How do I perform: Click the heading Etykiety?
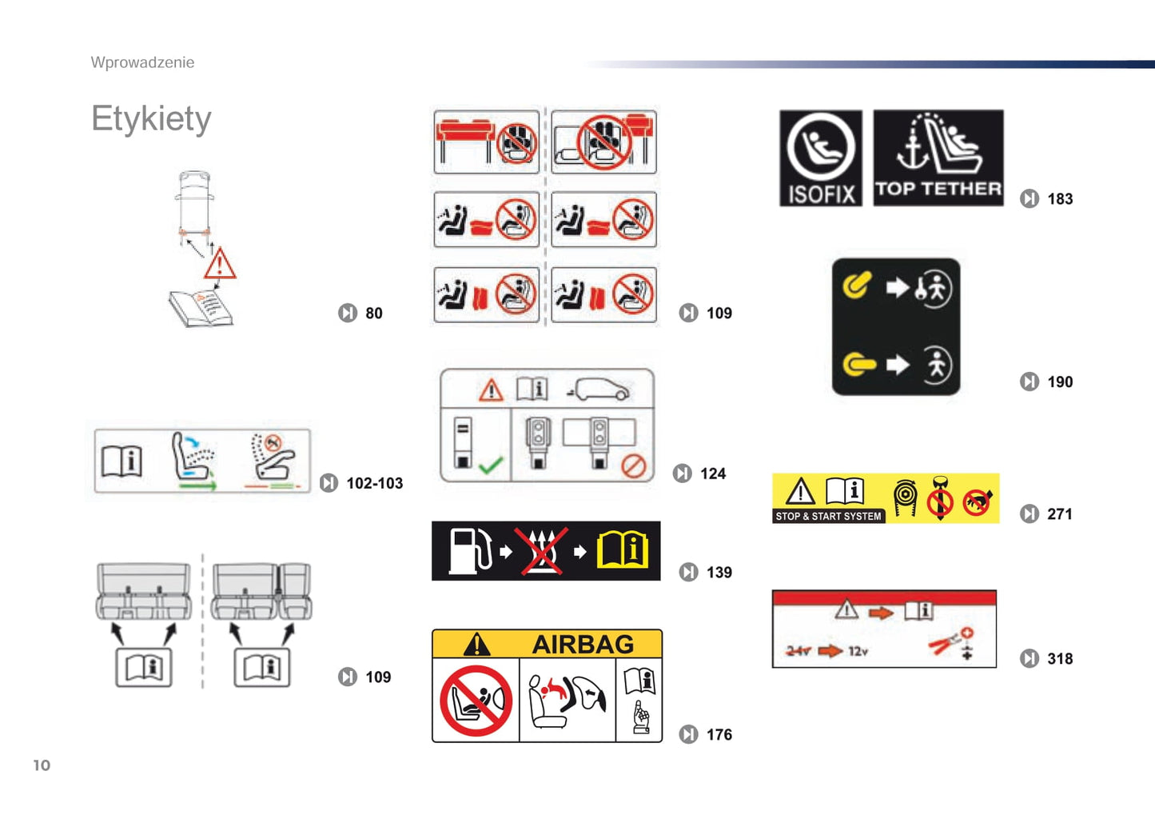[151, 119]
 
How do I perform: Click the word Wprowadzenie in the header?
[142, 62]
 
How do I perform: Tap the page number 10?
[42, 765]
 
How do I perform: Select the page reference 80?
[373, 314]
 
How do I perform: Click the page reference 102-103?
[374, 483]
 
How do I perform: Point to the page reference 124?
[712, 473]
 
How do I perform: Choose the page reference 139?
[719, 573]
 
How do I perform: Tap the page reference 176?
[719, 734]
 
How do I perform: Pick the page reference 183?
[1060, 199]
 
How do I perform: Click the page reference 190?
[1060, 382]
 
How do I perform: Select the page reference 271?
[1060, 514]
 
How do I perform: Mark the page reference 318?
[1060, 659]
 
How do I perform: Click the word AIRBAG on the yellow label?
[583, 644]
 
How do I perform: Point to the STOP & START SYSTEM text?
[828, 517]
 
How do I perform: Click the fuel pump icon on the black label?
[468, 550]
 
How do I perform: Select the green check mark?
[490, 465]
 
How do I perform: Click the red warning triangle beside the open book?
[220, 264]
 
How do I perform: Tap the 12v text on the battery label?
[858, 651]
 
